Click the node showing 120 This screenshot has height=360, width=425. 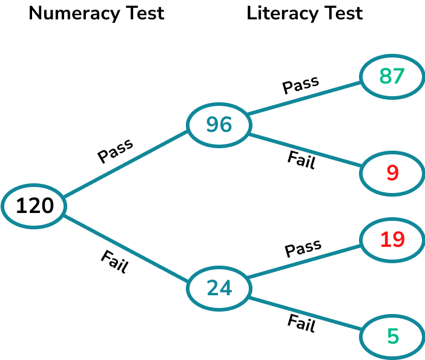[35, 206]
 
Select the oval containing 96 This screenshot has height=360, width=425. [219, 124]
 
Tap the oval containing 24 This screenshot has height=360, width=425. [219, 287]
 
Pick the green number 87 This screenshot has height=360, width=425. [392, 76]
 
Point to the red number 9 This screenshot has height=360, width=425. [392, 174]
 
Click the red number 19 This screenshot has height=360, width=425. [392, 240]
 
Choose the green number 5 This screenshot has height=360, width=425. [393, 336]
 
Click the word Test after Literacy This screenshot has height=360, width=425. [343, 13]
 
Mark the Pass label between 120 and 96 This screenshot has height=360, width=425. [115, 151]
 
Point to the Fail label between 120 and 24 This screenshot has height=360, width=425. [114, 261]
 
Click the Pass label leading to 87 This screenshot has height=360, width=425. [301, 85]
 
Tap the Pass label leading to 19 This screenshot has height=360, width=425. [303, 249]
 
